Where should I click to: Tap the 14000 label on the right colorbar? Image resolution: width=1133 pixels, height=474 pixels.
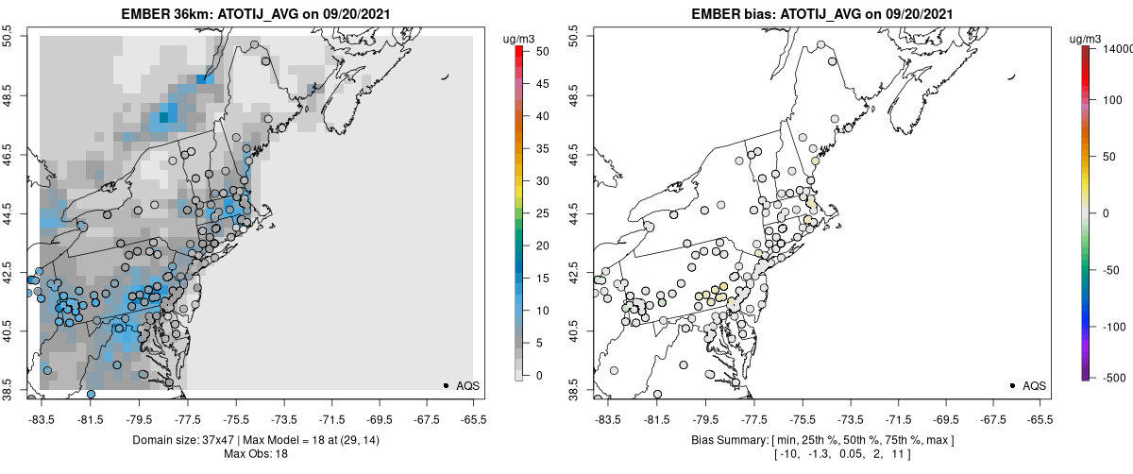coord(1119,47)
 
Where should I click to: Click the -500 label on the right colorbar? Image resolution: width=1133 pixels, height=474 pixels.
coord(1115,377)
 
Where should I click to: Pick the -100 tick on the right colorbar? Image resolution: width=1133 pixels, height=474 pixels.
coord(1115,327)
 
